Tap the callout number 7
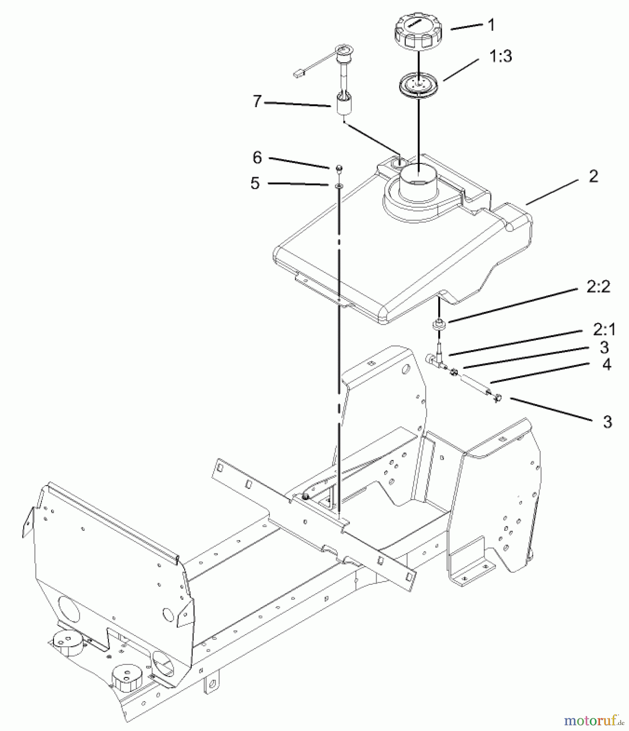click(256, 101)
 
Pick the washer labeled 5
click(339, 186)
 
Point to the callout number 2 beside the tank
click(593, 177)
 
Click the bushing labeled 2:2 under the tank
click(438, 324)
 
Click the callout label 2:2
click(598, 288)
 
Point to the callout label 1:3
click(500, 56)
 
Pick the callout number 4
click(606, 365)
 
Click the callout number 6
click(257, 158)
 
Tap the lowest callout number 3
click(607, 422)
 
